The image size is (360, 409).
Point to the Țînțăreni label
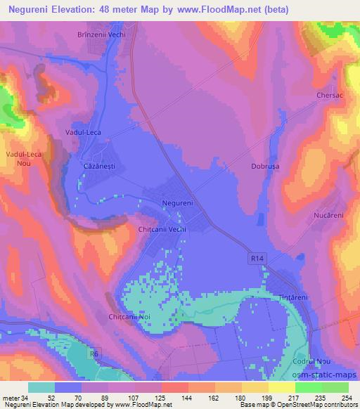294,297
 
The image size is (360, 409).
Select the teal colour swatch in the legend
41,387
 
